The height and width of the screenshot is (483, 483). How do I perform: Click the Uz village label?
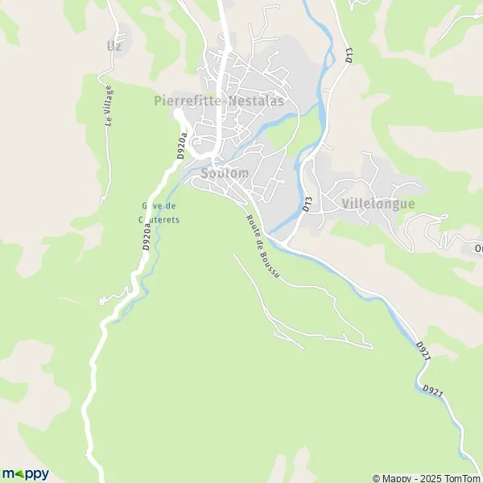(114, 46)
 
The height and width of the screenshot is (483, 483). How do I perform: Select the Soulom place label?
(225, 173)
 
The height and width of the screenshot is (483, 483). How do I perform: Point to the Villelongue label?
(378, 204)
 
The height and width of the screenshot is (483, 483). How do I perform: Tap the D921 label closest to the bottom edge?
(431, 390)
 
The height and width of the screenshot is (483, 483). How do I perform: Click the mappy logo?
(26, 473)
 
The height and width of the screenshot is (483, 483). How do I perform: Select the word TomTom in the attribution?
(460, 477)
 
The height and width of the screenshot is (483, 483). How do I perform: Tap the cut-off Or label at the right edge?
(478, 248)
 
